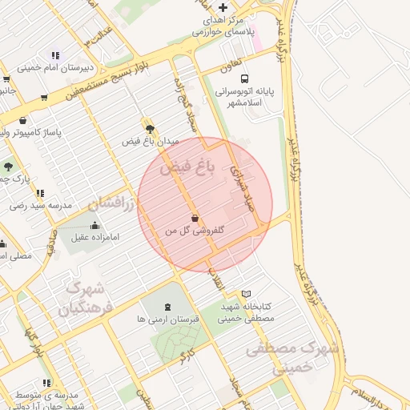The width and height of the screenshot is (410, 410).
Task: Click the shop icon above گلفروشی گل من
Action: point(195,217)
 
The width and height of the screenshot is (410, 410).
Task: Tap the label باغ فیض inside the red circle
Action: point(188,169)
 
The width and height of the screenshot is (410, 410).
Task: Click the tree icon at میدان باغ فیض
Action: point(149,126)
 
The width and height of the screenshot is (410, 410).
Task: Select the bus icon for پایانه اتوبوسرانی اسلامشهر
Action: point(244,79)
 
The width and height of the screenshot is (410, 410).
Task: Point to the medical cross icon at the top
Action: point(223,7)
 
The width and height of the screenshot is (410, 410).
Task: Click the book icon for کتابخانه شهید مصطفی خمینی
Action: point(246,294)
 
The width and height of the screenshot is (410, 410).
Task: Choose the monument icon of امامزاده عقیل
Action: point(96,225)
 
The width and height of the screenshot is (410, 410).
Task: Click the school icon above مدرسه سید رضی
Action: point(39,193)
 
